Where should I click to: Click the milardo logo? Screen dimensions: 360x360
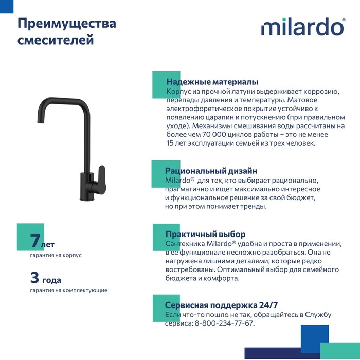pos(302,28)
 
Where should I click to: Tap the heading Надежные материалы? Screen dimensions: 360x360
pos(212,82)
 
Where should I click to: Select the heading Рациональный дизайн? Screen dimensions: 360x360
pos(211,171)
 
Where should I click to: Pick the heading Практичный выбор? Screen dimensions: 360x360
pos(205,234)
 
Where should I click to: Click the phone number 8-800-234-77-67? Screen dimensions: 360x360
pos(224,323)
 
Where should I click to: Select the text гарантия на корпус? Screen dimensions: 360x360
pos(56,255)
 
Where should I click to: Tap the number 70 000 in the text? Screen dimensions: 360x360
pos(197,135)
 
